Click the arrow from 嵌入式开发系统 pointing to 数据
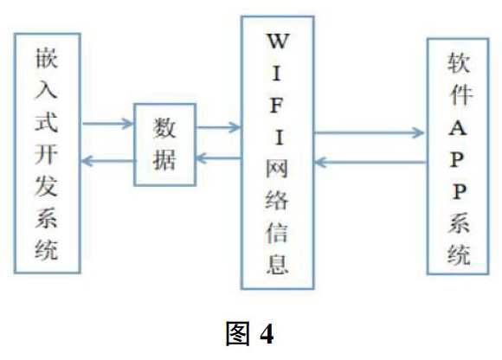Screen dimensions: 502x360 107,124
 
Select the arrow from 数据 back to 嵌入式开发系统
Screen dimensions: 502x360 108,161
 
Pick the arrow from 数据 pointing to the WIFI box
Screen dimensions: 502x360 218,127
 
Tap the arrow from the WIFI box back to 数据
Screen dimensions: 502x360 218,157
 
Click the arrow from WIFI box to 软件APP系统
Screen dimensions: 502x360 370,132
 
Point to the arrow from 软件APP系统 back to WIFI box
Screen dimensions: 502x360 370,162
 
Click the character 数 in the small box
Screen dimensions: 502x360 164,128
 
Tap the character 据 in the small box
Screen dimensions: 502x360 164,160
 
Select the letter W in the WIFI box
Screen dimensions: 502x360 278,42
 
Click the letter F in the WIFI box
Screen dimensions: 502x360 277,106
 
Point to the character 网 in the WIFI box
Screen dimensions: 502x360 277,169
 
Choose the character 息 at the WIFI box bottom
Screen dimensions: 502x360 277,264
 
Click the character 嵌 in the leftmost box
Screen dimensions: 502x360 47,59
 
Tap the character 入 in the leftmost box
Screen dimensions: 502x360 47,90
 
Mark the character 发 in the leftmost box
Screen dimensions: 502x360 47,185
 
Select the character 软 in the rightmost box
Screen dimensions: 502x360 459,62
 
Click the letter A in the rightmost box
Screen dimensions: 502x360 458,128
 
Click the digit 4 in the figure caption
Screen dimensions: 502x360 267,334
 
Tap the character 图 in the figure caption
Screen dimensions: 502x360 237,333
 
